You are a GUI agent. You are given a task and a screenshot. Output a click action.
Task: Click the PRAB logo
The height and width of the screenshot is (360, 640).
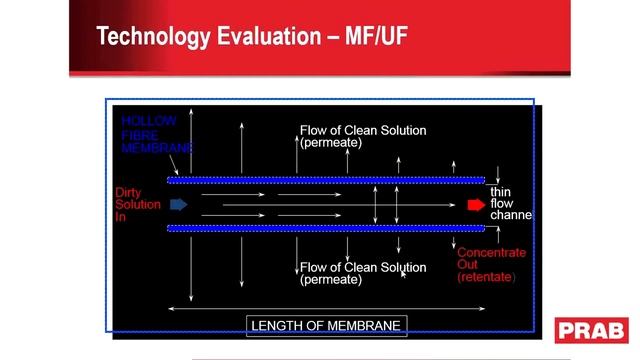coord(592,330)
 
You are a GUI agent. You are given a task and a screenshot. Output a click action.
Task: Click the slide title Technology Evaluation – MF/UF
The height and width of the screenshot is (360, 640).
coord(251,37)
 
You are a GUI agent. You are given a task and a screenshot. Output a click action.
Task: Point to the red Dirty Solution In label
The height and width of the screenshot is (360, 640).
coord(137,204)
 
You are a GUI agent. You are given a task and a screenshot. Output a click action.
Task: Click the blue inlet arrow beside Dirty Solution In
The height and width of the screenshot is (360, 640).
coord(179,205)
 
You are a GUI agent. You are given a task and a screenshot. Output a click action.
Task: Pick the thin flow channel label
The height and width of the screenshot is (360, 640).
coord(509,203)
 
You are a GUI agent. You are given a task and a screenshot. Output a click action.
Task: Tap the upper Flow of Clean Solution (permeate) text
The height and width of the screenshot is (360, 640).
coord(362,136)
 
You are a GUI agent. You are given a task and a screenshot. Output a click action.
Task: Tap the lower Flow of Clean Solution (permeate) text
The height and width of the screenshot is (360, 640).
coord(362,273)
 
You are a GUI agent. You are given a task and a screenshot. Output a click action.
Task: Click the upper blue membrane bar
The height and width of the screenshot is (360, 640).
coord(326,180)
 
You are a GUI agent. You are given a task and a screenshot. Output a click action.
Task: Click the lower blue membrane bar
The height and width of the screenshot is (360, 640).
coord(326,228)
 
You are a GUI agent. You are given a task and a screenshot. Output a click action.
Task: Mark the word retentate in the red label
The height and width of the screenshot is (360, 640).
coord(486,277)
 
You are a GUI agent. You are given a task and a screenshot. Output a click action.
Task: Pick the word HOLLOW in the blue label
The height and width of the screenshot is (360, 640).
coord(149,121)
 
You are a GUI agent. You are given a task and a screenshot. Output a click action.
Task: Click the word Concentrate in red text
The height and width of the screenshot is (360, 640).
coord(491,253)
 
